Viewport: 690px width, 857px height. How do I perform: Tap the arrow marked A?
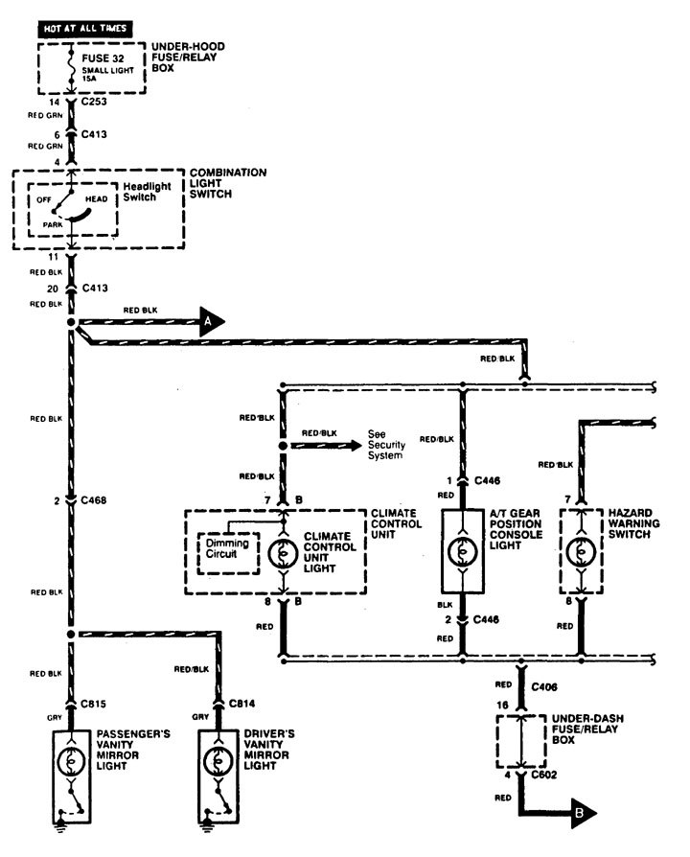(212, 323)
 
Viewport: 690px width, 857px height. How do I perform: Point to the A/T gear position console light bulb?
(462, 554)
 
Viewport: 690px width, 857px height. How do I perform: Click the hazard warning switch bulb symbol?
(581, 554)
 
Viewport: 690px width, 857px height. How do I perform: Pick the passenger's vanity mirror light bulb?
(70, 758)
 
